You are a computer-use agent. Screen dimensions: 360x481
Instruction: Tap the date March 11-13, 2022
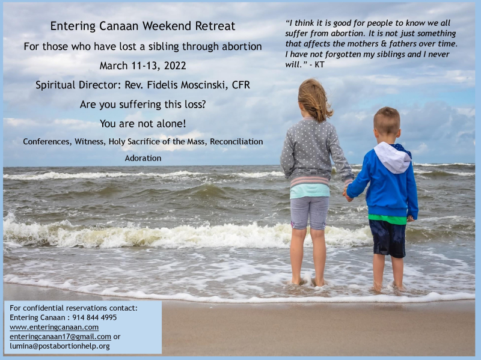[x=142, y=66]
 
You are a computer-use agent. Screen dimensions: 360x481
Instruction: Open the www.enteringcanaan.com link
[x=54, y=327]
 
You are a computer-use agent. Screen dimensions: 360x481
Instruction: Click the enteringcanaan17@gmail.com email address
[x=60, y=337]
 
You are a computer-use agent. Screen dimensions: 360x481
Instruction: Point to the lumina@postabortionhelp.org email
[x=60, y=346]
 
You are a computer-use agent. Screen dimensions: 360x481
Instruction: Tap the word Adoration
[x=142, y=158]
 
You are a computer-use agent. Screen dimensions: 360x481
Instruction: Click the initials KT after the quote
[x=319, y=64]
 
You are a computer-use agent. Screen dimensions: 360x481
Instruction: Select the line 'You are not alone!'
[x=142, y=123]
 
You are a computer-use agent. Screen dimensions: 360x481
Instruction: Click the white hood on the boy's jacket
[x=391, y=158]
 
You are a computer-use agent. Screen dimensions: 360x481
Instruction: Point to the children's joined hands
[x=347, y=194]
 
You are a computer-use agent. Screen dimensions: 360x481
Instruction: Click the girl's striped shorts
[x=309, y=212]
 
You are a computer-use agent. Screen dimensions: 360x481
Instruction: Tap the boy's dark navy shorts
[x=388, y=238]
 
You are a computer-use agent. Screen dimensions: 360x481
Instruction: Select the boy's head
[x=386, y=123]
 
